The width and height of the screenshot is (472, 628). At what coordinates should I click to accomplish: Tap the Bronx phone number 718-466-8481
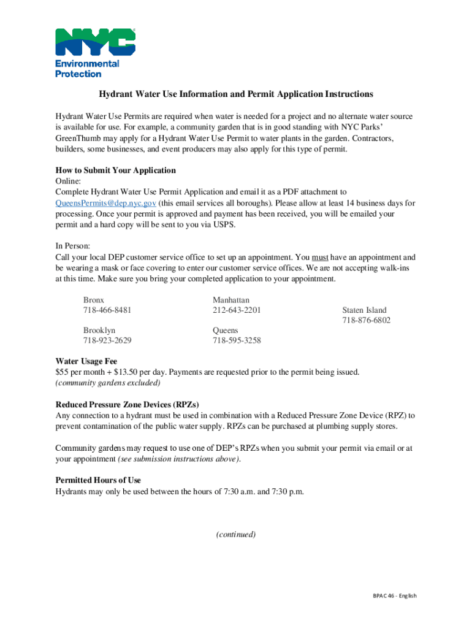pyautogui.click(x=107, y=310)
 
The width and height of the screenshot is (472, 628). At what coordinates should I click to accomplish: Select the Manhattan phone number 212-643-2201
pyautogui.click(x=237, y=310)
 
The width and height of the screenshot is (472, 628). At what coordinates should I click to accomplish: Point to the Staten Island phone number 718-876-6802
pyautogui.click(x=366, y=321)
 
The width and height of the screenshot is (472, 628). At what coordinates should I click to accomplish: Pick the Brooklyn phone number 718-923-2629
pyautogui.click(x=107, y=340)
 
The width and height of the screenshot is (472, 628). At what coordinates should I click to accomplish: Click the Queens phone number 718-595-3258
pyautogui.click(x=237, y=340)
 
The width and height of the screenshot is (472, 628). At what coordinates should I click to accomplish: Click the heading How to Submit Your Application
pyautogui.click(x=116, y=170)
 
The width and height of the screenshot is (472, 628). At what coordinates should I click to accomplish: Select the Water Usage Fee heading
pyautogui.click(x=86, y=361)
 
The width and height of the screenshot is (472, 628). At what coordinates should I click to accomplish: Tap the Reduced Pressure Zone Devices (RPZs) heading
pyautogui.click(x=128, y=404)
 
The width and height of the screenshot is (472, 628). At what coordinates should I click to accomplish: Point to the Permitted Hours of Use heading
pyautogui.click(x=98, y=480)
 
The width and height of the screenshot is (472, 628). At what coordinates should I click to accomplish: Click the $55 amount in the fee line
pyautogui.click(x=62, y=372)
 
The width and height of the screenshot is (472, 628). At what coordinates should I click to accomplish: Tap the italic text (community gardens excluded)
pyautogui.click(x=108, y=383)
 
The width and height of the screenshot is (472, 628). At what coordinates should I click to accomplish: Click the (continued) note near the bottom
pyautogui.click(x=236, y=535)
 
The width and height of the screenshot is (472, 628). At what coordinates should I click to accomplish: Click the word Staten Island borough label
pyautogui.click(x=364, y=310)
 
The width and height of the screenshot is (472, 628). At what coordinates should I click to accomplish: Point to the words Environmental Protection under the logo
pyautogui.click(x=87, y=69)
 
